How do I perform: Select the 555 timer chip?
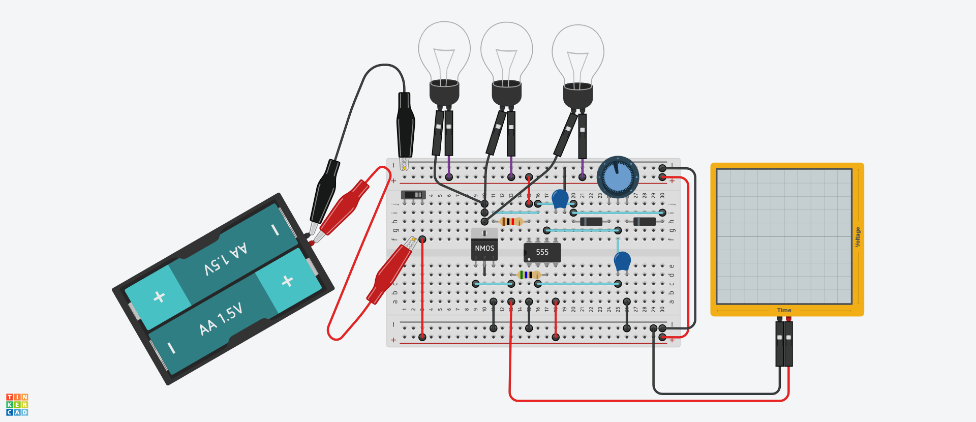coord(542,252)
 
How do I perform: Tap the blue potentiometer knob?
coord(618,177)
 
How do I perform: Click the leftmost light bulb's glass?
coord(444,51)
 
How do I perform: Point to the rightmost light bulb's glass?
coord(578,53)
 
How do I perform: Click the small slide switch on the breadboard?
coord(413,195)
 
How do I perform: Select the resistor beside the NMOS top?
coord(511,221)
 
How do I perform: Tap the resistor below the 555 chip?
coord(529,275)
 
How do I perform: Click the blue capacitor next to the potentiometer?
coord(560,198)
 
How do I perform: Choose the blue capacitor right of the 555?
coord(622,261)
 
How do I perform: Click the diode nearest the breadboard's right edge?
coord(644,221)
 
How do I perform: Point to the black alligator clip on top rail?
coord(405,127)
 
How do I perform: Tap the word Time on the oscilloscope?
coord(784,310)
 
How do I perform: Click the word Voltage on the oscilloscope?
coord(858,237)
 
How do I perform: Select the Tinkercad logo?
coord(17,404)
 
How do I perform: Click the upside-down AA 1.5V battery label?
coord(226,258)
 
